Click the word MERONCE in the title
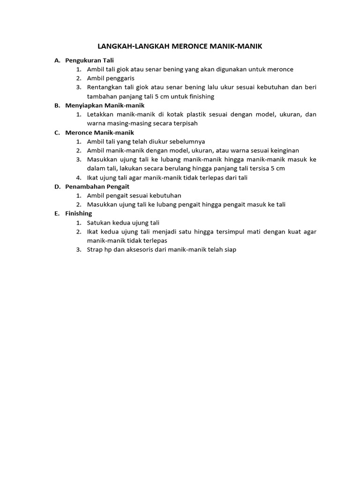(191, 46)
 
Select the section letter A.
(57, 60)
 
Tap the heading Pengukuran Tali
(90, 60)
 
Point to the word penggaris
(120, 78)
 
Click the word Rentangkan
(105, 87)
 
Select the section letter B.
(57, 105)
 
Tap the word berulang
(191, 168)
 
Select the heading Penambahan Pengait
(97, 186)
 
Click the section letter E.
(57, 213)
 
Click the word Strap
(95, 249)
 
